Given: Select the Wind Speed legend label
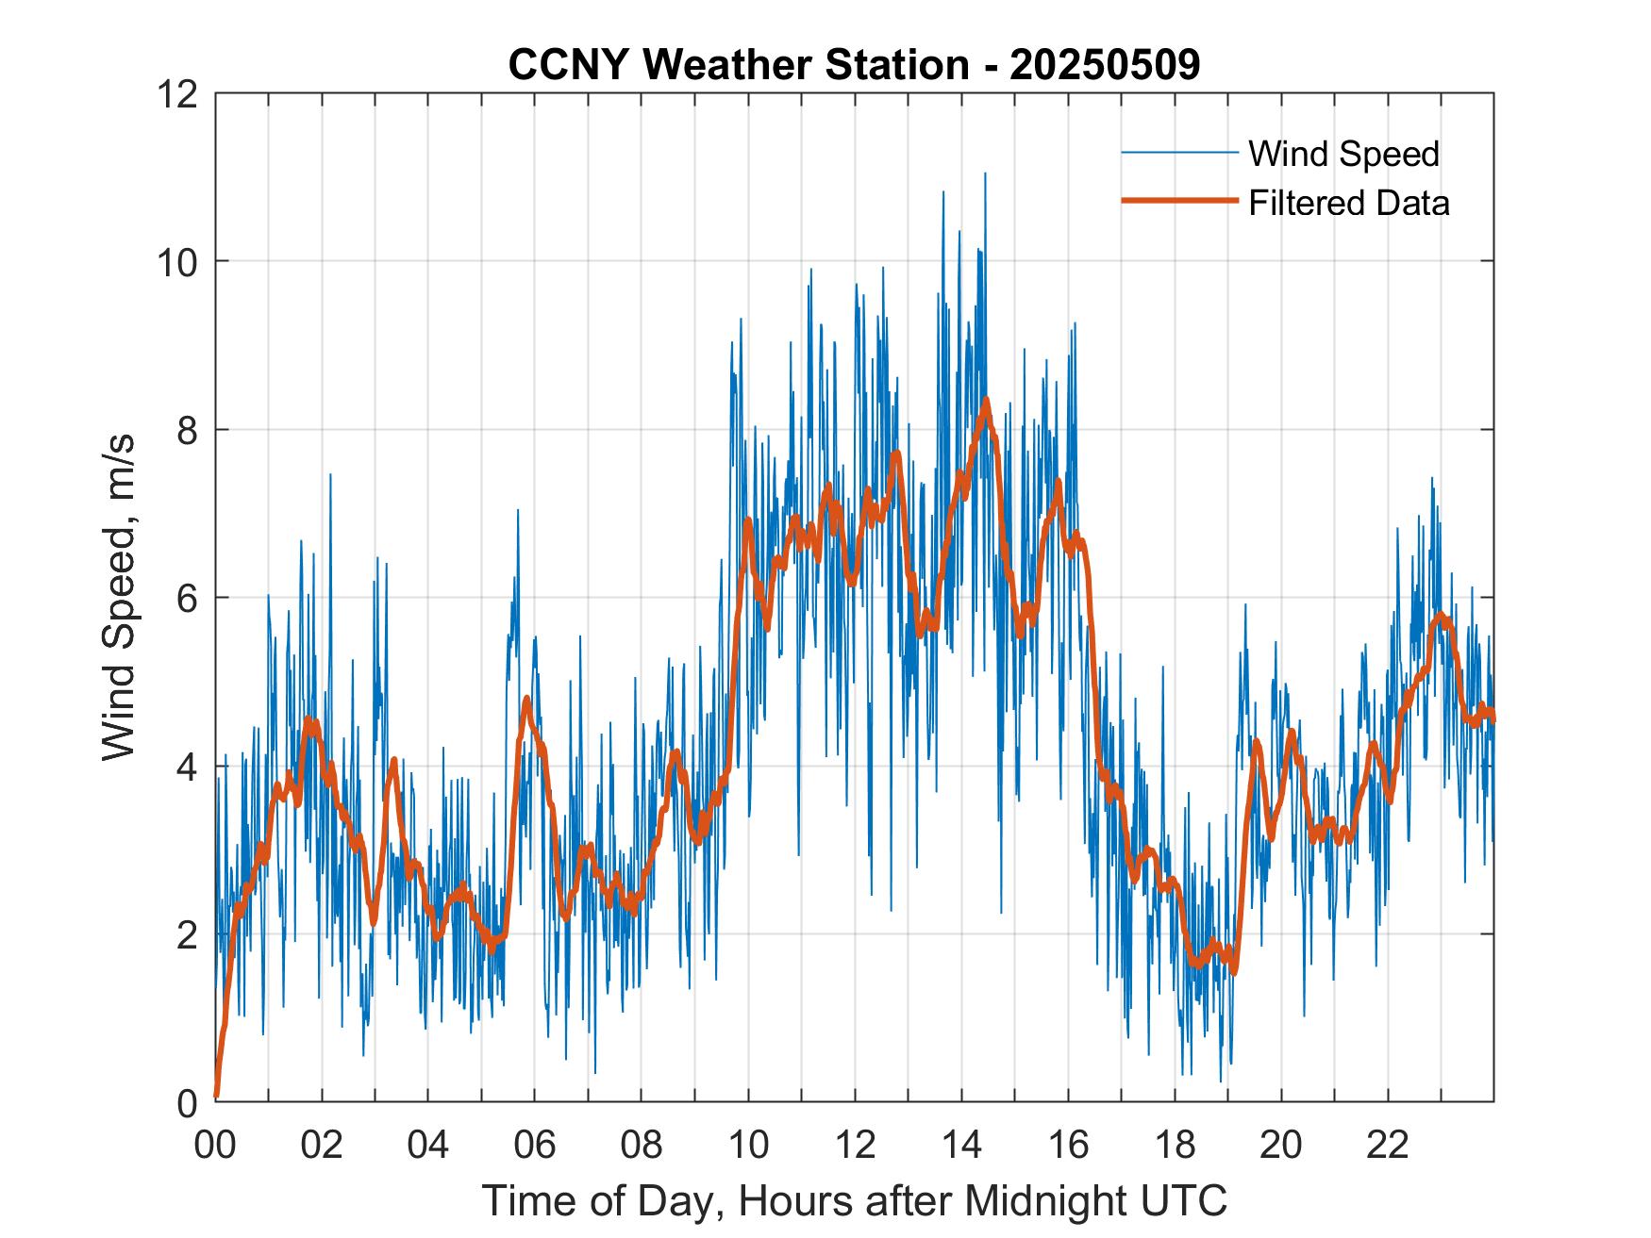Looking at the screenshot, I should (1343, 154).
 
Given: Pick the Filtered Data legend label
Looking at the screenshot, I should (1348, 203).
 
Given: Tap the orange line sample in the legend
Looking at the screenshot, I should (1178, 201).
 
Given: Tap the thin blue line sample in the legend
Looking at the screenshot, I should (1178, 153).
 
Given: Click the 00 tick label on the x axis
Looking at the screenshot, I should (215, 1145).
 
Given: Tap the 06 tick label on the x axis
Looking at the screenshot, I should (535, 1145).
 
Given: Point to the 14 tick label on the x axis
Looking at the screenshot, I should (961, 1145).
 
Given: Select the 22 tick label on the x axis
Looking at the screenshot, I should (1388, 1145).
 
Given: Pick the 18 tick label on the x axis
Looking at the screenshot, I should (1175, 1145).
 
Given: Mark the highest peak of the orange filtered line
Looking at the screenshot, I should (987, 400).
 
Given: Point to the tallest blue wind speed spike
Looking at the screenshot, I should (985, 173).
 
